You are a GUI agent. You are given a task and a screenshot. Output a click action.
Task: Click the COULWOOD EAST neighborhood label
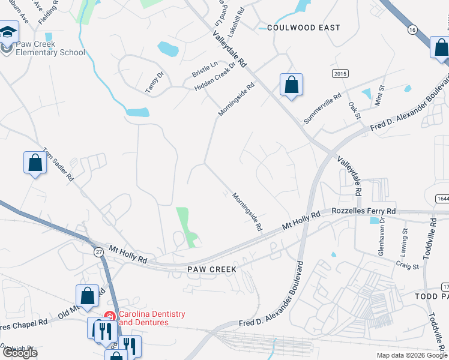304,28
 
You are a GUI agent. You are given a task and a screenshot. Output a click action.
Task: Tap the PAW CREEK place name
211,269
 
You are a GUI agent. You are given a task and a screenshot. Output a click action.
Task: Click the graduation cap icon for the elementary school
8,32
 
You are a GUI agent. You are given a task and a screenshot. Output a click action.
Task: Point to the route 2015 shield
340,73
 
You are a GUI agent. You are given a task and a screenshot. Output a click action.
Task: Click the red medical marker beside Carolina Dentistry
110,316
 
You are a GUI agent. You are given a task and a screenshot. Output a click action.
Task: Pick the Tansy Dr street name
155,82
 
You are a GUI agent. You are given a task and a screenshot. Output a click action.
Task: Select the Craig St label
406,265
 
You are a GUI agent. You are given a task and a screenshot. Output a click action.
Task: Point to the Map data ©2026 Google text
412,355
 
